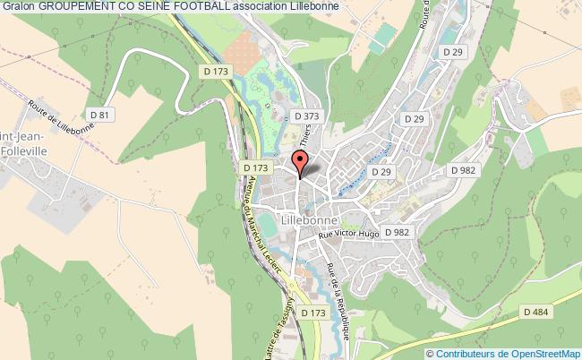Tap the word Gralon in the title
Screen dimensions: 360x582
point(17,7)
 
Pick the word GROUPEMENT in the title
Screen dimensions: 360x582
point(75,7)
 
